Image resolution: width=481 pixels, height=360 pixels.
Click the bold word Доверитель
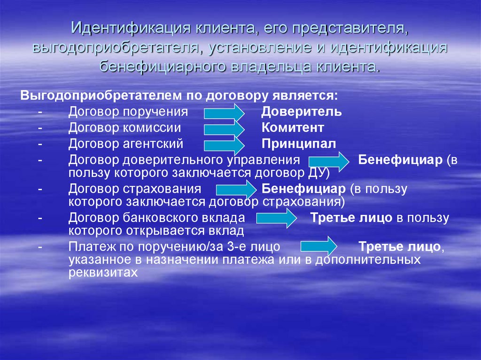point(301,112)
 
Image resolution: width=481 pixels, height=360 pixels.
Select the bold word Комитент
point(293,128)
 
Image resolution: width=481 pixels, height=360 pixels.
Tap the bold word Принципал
point(298,144)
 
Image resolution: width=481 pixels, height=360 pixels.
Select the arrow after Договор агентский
point(224,146)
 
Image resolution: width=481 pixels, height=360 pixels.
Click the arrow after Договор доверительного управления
point(329,161)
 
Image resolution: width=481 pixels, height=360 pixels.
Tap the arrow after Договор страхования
point(237,190)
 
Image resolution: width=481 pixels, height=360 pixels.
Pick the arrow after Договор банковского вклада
point(277,218)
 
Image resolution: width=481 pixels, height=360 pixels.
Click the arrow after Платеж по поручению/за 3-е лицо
point(319,246)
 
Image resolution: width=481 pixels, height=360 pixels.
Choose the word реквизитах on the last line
point(103,273)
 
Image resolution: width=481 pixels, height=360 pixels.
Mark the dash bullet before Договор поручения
point(40,112)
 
